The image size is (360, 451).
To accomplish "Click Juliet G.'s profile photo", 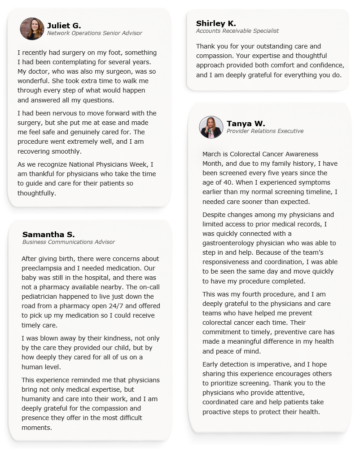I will [x=32, y=29].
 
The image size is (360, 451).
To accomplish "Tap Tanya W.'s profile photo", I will [x=211, y=127].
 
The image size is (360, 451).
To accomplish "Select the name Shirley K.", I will [x=216, y=23].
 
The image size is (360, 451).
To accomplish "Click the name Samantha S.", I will [x=48, y=234].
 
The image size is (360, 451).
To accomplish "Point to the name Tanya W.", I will [x=246, y=124].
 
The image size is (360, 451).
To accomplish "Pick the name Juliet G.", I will [x=64, y=26].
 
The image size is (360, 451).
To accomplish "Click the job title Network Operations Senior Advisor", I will [x=95, y=33].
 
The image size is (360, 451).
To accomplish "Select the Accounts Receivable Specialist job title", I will [x=237, y=31].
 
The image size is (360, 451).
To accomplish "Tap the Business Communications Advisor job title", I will [x=69, y=242].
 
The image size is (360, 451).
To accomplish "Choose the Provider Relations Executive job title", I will [x=265, y=131].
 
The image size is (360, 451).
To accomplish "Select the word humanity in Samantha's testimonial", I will [x=38, y=399].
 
